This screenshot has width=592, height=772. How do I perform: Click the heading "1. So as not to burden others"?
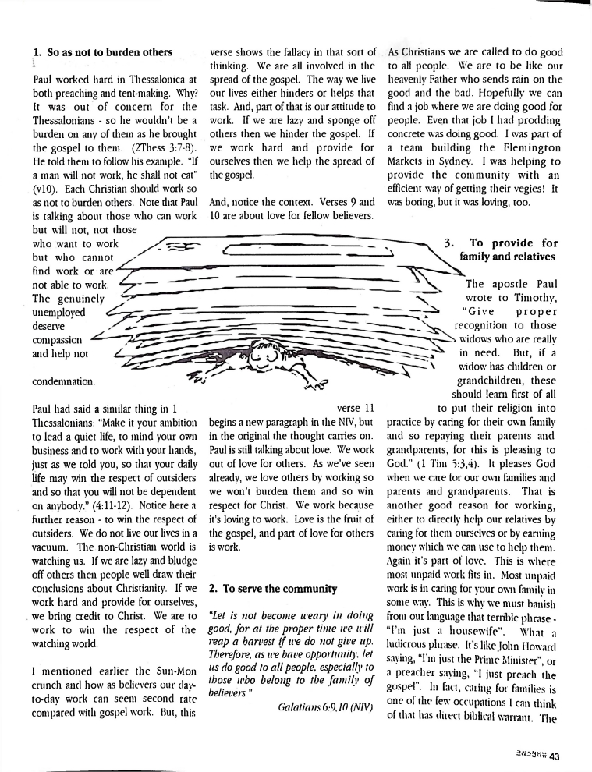click(102, 53)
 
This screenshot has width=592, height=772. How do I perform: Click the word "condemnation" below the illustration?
click(65, 382)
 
